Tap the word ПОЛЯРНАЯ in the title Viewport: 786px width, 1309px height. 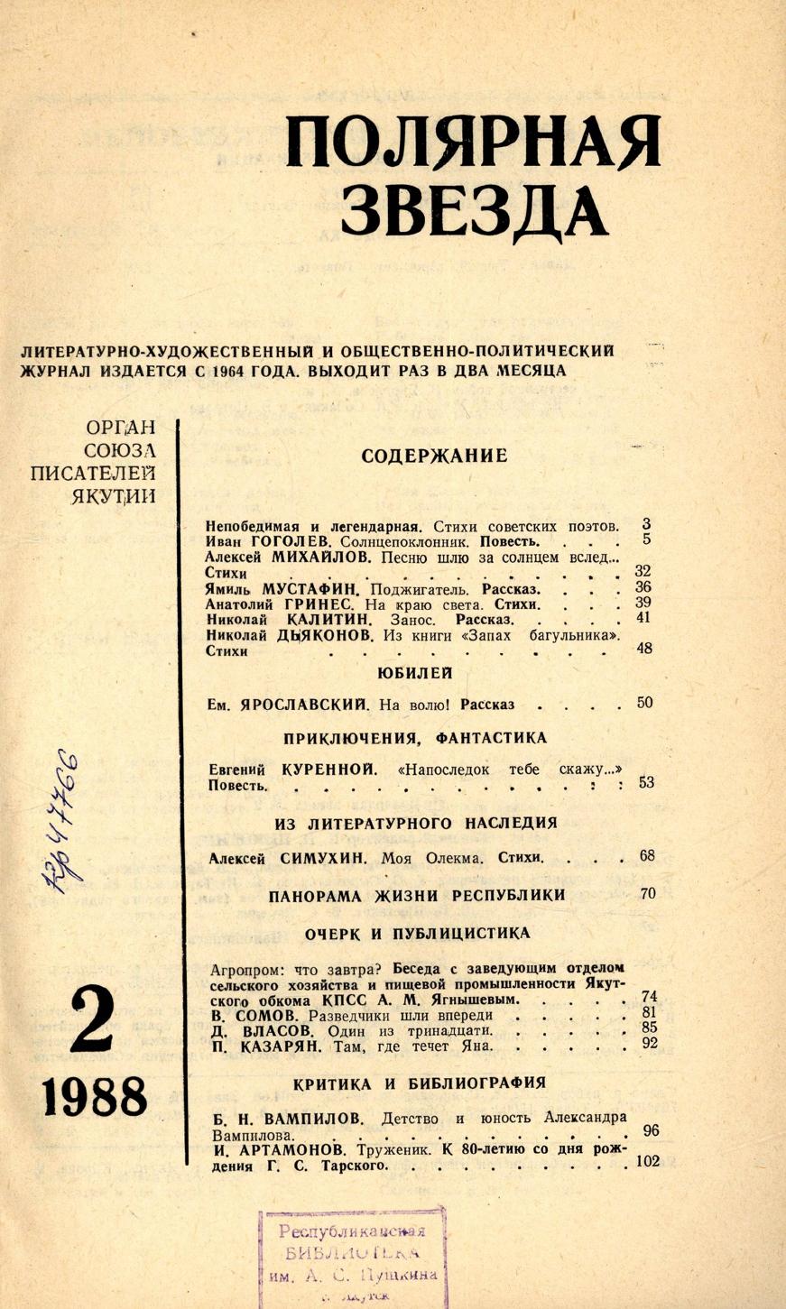click(473, 143)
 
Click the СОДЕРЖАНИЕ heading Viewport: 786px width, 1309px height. click(434, 456)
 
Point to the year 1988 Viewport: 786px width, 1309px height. click(94, 1098)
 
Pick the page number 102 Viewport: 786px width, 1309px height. click(648, 1161)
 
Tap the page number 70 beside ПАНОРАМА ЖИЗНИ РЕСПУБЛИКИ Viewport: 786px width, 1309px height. click(647, 894)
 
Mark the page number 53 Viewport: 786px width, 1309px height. click(646, 783)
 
